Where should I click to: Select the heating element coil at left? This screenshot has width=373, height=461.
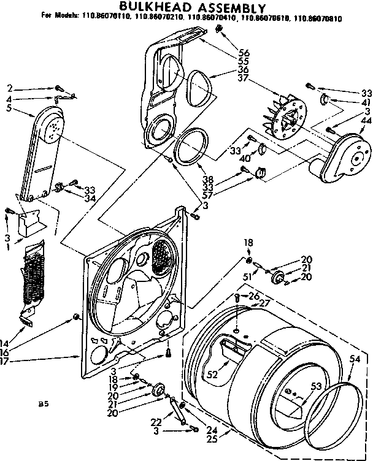tap(34, 276)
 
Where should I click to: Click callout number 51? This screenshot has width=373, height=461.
tap(247, 276)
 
